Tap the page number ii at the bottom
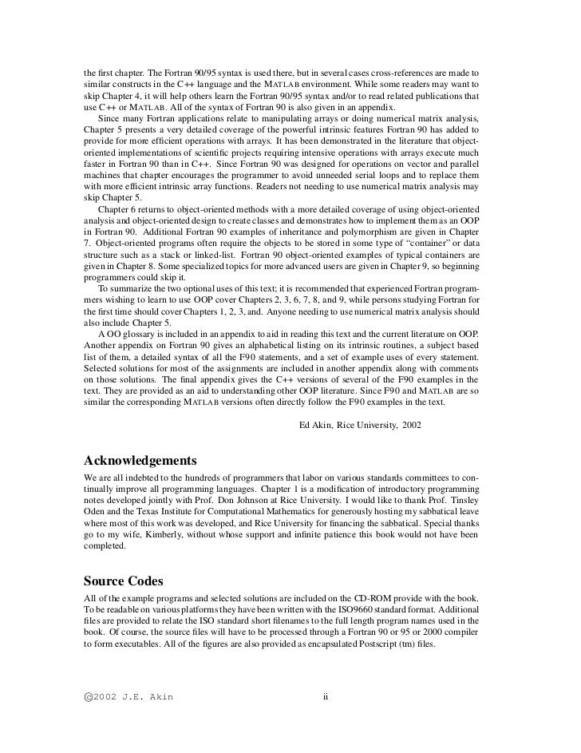[326, 696]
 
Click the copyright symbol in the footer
[87, 696]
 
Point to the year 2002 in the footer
[109, 696]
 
